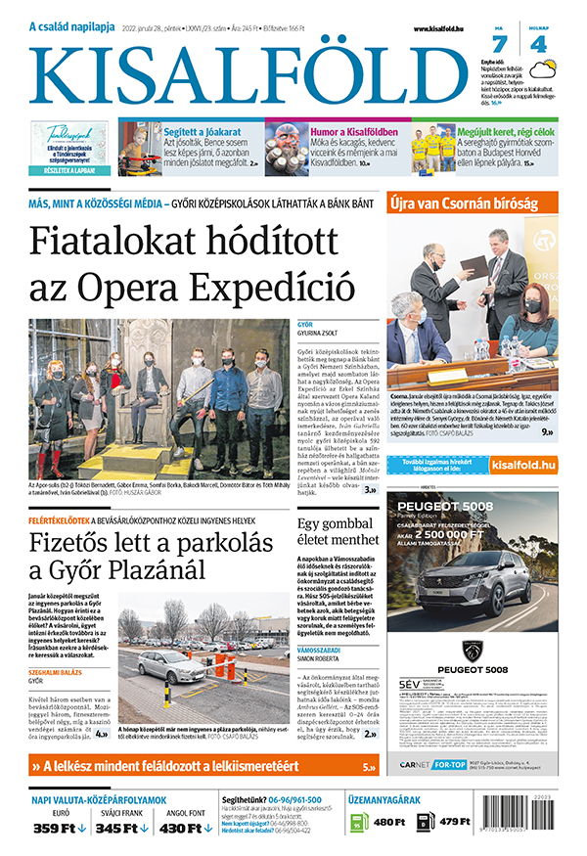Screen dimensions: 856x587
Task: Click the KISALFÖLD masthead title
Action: coord(249,74)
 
